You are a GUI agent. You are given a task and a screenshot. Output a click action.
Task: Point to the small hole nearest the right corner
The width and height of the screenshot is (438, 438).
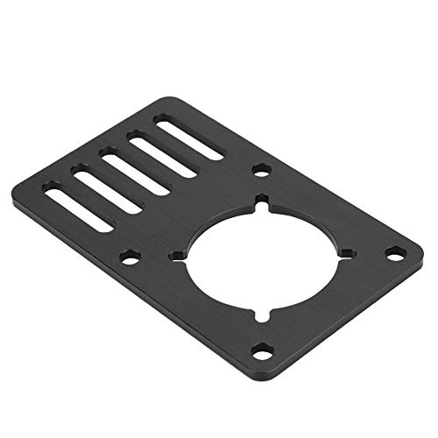click(395, 252)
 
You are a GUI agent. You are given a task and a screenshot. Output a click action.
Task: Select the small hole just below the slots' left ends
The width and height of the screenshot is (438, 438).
click(131, 258)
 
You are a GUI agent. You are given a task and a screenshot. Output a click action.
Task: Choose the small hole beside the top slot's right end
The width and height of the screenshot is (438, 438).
click(260, 170)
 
